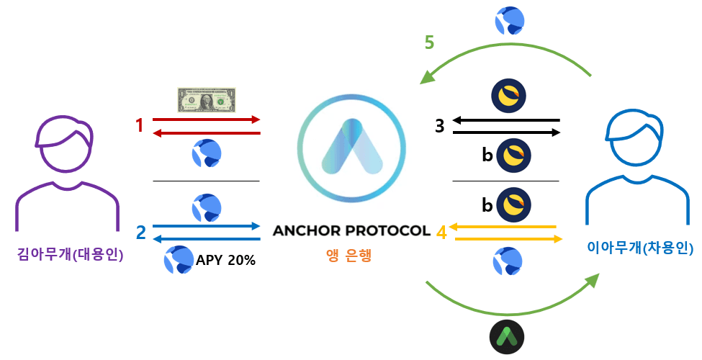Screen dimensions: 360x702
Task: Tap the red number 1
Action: tap(140, 126)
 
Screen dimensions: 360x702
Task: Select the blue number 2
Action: tap(140, 232)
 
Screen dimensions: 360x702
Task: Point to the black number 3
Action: tap(439, 126)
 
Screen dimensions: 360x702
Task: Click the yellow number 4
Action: tap(441, 233)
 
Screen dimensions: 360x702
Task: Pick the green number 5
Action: tap(429, 42)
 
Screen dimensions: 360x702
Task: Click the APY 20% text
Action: tap(225, 260)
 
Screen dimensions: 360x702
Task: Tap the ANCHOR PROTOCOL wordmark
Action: tap(351, 231)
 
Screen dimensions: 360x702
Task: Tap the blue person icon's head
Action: tap(634, 137)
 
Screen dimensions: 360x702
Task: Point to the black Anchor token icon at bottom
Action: tap(508, 336)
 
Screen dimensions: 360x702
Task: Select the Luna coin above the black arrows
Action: tap(508, 94)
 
